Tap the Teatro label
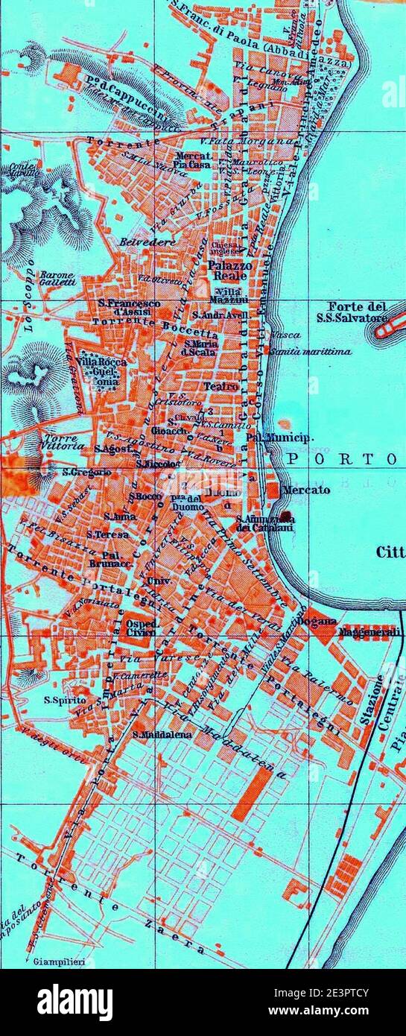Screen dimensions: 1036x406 [x=221, y=386]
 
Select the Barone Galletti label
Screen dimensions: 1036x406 [x=57, y=278]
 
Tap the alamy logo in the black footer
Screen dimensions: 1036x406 [x=74, y=1002]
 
